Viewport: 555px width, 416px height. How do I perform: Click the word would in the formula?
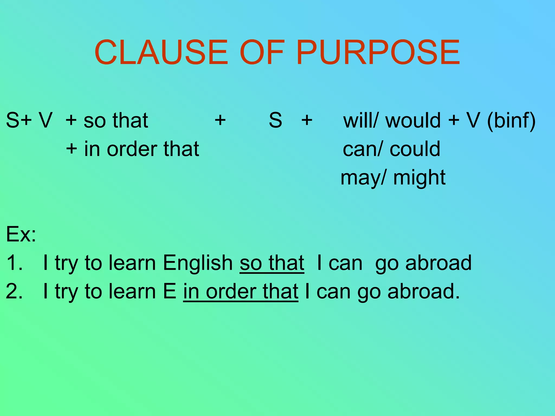click(x=413, y=120)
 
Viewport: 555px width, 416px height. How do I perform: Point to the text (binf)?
click(x=511, y=121)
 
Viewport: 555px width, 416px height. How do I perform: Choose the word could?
click(x=415, y=149)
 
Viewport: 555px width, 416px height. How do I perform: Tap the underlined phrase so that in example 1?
click(x=272, y=263)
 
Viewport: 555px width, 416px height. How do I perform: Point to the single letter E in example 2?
click(x=170, y=291)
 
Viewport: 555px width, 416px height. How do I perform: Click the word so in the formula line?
click(x=94, y=121)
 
